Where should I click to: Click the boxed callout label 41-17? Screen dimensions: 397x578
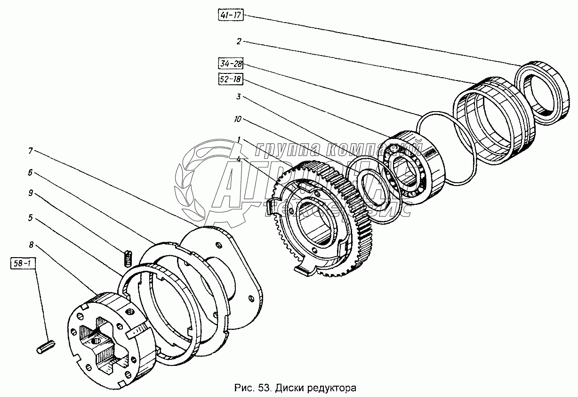pyautogui.click(x=231, y=16)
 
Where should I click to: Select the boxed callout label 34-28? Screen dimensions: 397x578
pyautogui.click(x=231, y=63)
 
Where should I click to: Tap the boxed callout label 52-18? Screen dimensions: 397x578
pyautogui.click(x=230, y=80)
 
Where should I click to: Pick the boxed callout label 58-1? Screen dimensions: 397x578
pyautogui.click(x=23, y=263)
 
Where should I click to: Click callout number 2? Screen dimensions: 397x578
pyautogui.click(x=239, y=42)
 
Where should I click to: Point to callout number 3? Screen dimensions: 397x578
pyautogui.click(x=239, y=97)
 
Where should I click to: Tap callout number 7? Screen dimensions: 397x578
pyautogui.click(x=30, y=151)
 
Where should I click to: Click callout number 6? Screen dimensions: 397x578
pyautogui.click(x=30, y=173)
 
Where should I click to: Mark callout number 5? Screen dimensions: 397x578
pyautogui.click(x=30, y=218)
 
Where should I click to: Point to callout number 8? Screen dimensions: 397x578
pyautogui.click(x=30, y=244)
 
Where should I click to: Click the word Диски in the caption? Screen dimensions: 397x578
pyautogui.click(x=288, y=389)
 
